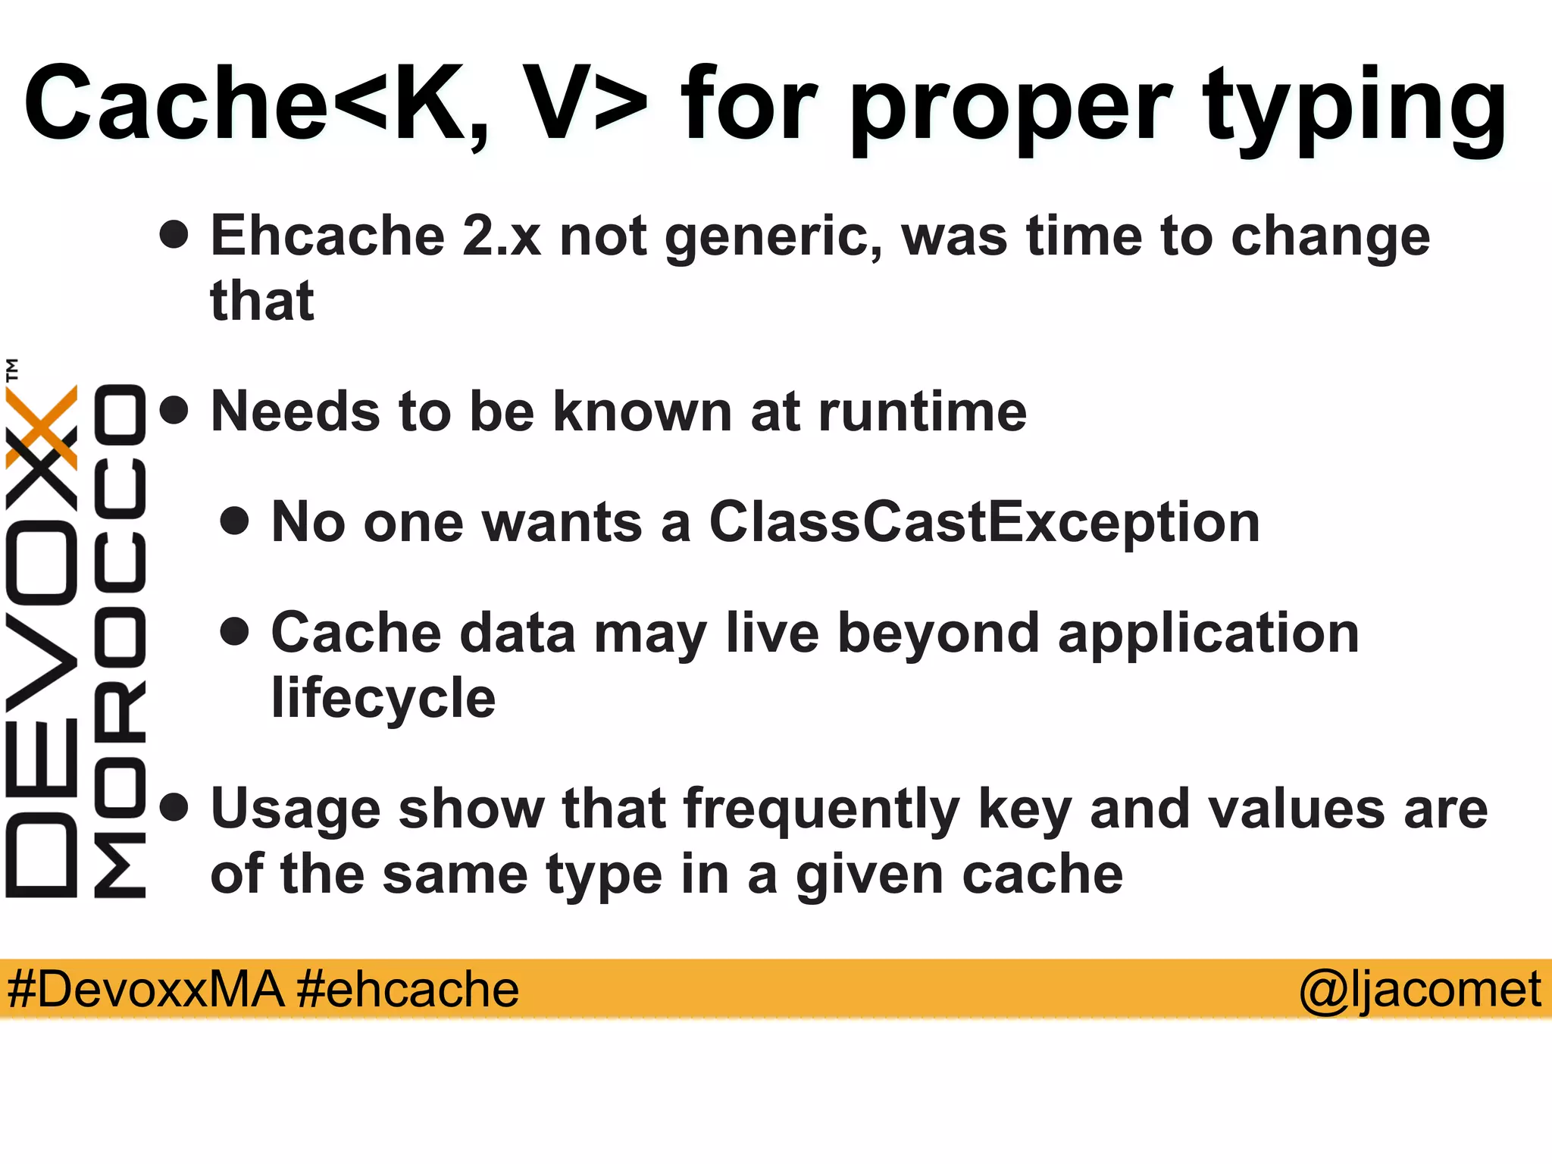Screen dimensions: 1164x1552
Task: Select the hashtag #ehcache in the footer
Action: (x=408, y=990)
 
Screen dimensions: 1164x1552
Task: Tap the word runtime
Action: (x=922, y=412)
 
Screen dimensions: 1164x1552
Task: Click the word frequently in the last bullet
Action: (x=821, y=809)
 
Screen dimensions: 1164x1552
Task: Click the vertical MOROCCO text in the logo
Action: (x=120, y=640)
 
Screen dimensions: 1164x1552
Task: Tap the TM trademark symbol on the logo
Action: (x=12, y=370)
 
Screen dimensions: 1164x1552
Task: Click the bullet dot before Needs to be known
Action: (x=174, y=411)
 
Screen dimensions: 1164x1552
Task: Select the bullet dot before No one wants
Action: (x=235, y=521)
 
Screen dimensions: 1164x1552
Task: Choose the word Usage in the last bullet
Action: (x=296, y=809)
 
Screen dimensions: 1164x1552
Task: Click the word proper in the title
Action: (x=1012, y=106)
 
